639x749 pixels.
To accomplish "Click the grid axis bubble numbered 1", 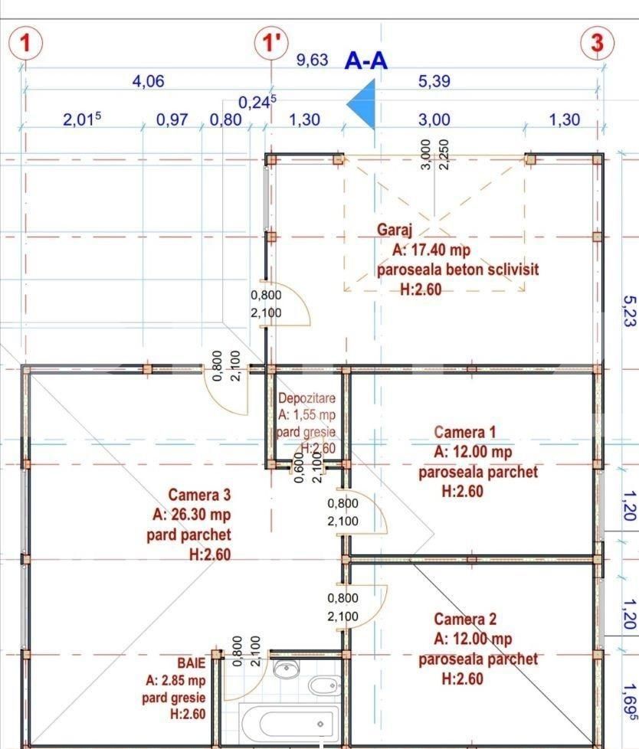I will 25,43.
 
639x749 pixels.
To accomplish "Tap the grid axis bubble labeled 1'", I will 271,43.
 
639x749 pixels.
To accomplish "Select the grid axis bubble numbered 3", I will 598,43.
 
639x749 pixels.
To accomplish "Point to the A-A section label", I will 366,61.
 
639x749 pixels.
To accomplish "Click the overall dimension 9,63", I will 313,61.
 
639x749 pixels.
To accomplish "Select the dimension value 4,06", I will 149,81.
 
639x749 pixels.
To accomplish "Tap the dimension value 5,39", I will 434,81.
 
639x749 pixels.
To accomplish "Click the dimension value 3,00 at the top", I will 434,120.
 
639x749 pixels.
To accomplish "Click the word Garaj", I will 395,229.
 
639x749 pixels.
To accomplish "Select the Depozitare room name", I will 306,398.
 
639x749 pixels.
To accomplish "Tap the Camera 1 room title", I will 470,433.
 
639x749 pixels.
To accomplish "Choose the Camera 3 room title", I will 199,495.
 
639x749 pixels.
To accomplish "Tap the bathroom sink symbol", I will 287,669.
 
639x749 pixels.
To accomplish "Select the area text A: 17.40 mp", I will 431,250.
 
